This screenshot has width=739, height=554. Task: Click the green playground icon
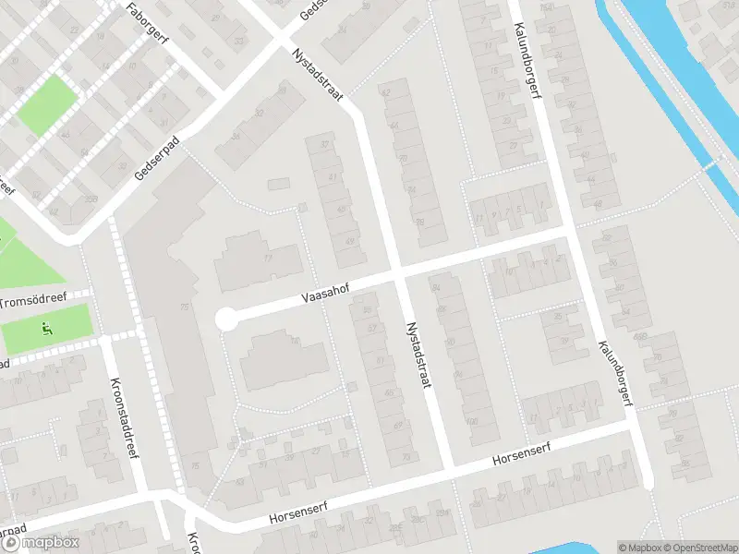pos(48,327)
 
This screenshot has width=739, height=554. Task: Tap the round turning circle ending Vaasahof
pos(225,319)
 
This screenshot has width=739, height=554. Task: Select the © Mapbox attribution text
pos(638,548)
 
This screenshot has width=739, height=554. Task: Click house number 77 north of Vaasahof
pos(268,259)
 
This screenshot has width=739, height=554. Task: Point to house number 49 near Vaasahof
pos(349,240)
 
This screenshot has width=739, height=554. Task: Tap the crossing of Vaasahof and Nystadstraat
pos(399,274)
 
